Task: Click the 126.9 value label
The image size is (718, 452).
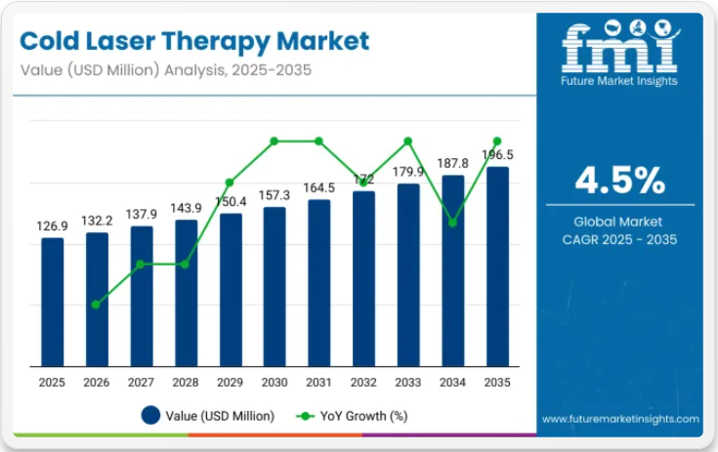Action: tap(53, 226)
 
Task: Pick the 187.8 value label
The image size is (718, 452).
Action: tap(453, 164)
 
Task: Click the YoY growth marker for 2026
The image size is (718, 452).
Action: tap(96, 305)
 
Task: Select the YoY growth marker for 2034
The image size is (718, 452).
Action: tap(453, 223)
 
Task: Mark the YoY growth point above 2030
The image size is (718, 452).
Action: tap(275, 141)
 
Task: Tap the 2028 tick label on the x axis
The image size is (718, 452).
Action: tap(186, 384)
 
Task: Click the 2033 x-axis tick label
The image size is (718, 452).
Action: tap(408, 384)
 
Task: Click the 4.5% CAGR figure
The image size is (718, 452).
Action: tap(619, 181)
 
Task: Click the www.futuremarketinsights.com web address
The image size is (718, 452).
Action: tap(621, 419)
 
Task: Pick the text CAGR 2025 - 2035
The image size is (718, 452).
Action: tap(619, 239)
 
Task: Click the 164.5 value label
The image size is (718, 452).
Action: tap(319, 187)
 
